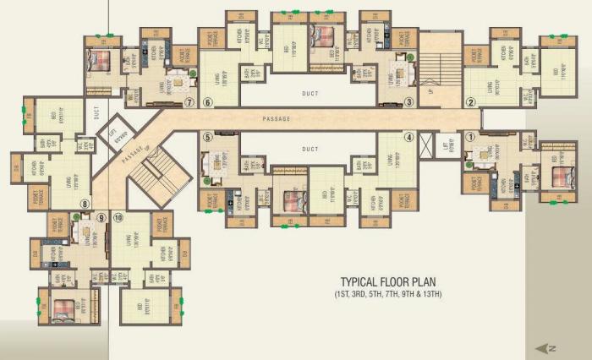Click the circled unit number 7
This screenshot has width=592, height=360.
[x=189, y=103]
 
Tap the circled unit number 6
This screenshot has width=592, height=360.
[x=207, y=103]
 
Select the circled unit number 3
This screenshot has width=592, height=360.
[x=408, y=102]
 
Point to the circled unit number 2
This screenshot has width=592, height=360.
[x=471, y=103]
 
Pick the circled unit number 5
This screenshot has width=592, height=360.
[x=207, y=135]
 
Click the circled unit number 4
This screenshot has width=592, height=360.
[x=408, y=136]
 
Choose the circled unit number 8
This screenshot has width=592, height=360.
[x=84, y=204]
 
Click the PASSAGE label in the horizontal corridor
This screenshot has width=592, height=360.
[x=277, y=119]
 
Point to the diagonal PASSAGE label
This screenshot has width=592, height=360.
[x=133, y=153]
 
